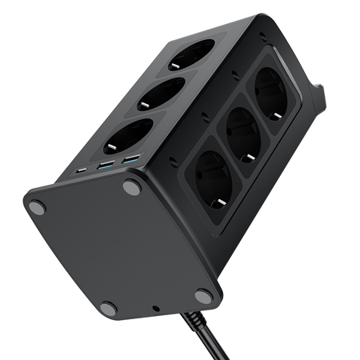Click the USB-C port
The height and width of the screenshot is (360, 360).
83,170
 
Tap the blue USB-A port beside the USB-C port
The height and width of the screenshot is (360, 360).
105,166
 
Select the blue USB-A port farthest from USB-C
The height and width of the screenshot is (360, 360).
130,160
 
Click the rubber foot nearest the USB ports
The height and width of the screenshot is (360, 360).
131,188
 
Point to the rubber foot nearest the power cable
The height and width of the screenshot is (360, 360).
204,296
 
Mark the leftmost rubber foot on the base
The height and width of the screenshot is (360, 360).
36,208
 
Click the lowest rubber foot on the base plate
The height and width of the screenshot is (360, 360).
108,309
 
